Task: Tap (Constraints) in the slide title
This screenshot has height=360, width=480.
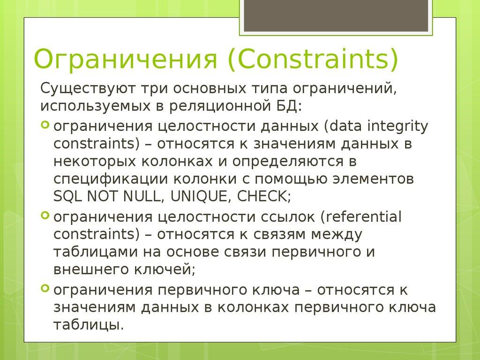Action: (313, 60)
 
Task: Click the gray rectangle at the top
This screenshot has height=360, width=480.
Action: (336, 15)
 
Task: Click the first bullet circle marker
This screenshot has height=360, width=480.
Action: (45, 125)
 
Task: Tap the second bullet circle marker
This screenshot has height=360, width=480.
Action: (45, 216)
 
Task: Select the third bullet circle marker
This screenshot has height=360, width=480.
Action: (45, 288)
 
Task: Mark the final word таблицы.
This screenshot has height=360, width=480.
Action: (89, 324)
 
